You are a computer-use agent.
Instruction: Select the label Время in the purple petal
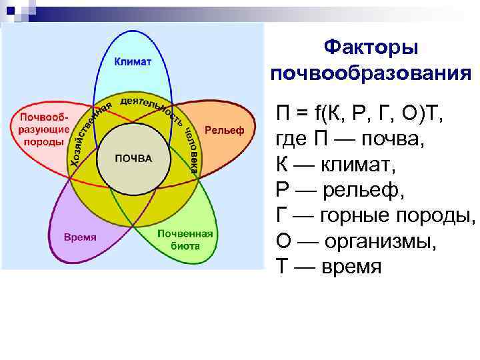click(80, 237)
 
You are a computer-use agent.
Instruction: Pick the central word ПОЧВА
click(133, 159)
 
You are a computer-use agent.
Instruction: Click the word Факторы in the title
click(371, 48)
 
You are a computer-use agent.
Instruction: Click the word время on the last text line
click(352, 266)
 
